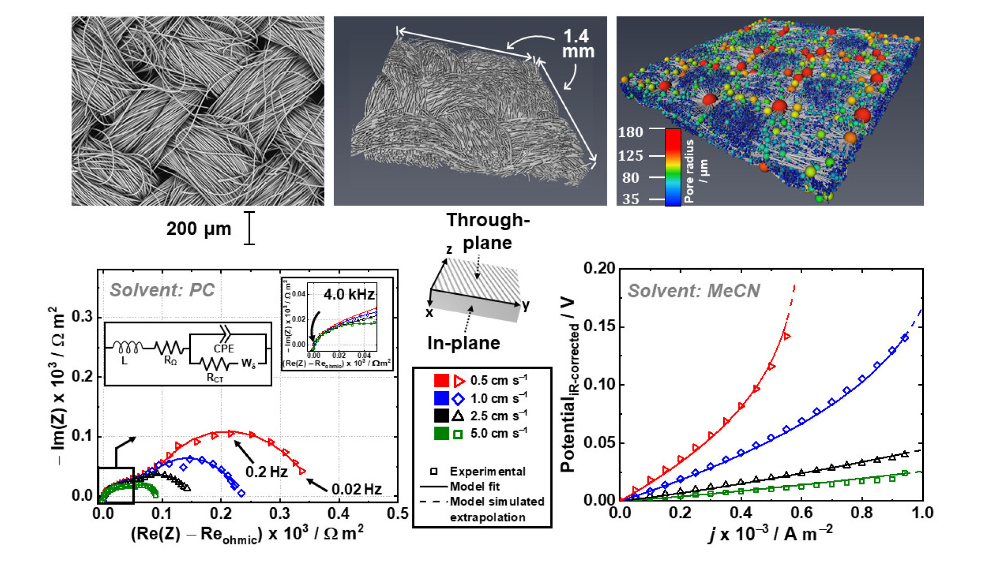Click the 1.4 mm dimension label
coord(578,44)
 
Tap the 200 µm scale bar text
coord(199,229)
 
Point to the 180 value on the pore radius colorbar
coord(630,132)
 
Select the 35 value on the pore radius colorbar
coord(630,199)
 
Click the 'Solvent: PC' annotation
coord(162,290)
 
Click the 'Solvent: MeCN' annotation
coord(693,291)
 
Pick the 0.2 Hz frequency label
coord(266,472)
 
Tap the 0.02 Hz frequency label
coord(356,489)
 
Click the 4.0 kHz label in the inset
coord(349,294)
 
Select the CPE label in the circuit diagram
coord(224,349)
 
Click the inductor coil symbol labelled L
coord(127,348)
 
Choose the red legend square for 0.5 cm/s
coord(441,380)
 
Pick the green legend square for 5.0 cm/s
coord(441,434)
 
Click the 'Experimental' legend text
coord(487,471)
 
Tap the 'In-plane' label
coord(463,343)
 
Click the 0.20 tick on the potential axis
coord(599,268)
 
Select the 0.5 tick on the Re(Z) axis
coord(398,513)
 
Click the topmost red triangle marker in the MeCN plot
coord(786,336)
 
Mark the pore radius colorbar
coord(672,167)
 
